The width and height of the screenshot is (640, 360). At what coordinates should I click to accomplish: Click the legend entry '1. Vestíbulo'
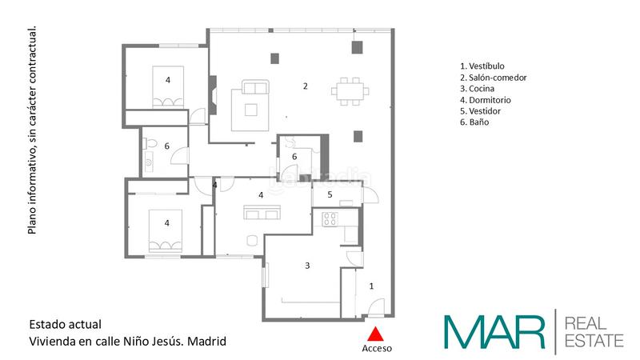[x=482, y=66]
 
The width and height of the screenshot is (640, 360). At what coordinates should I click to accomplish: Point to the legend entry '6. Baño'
[x=474, y=122]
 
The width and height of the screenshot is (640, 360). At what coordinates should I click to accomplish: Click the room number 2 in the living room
[x=304, y=86]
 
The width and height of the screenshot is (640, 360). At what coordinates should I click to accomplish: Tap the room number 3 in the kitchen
[x=306, y=265]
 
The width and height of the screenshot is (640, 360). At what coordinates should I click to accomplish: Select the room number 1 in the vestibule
[x=370, y=284]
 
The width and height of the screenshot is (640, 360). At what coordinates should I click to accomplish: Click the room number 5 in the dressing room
[x=329, y=194]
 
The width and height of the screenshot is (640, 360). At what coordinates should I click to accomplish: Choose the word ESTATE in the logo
[x=594, y=341]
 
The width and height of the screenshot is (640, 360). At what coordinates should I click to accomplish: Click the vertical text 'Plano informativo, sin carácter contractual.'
[x=33, y=130]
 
